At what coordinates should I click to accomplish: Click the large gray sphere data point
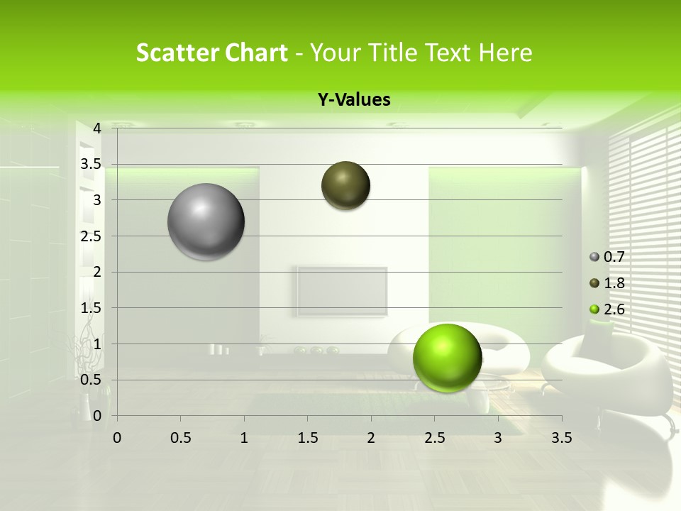(206, 221)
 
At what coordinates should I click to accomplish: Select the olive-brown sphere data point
(346, 186)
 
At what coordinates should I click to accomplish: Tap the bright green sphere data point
(447, 358)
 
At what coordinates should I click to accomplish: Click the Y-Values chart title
(353, 100)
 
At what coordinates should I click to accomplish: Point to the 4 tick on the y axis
(97, 128)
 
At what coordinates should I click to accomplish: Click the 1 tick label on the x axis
(244, 438)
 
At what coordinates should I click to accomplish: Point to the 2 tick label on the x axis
(371, 438)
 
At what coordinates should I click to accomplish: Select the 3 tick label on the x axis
(498, 438)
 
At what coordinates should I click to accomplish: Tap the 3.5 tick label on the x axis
(561, 438)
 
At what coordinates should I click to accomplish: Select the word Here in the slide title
(505, 53)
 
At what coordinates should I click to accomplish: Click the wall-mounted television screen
(342, 291)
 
